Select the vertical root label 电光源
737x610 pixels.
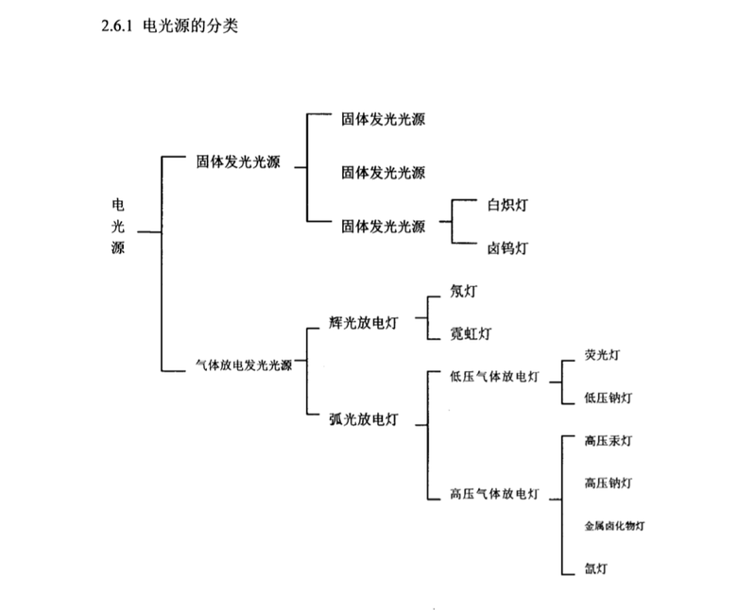pyautogui.click(x=117, y=227)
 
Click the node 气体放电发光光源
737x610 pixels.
pyautogui.click(x=243, y=365)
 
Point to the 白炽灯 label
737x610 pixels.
pyautogui.click(x=507, y=204)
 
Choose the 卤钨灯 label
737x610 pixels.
pyautogui.click(x=507, y=248)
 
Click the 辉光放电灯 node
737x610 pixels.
pyautogui.click(x=363, y=323)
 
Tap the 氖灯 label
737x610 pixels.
pyautogui.click(x=464, y=292)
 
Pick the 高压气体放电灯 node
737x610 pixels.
pyautogui.click(x=495, y=493)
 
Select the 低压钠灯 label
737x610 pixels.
pyautogui.click(x=608, y=398)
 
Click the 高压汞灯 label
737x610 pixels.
pyautogui.click(x=608, y=441)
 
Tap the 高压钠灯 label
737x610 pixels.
pyautogui.click(x=608, y=483)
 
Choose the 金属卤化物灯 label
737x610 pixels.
pyautogui.click(x=615, y=525)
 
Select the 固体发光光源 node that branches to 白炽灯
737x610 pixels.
pyautogui.click(x=383, y=226)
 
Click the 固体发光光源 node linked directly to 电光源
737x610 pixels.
pyautogui.click(x=238, y=161)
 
